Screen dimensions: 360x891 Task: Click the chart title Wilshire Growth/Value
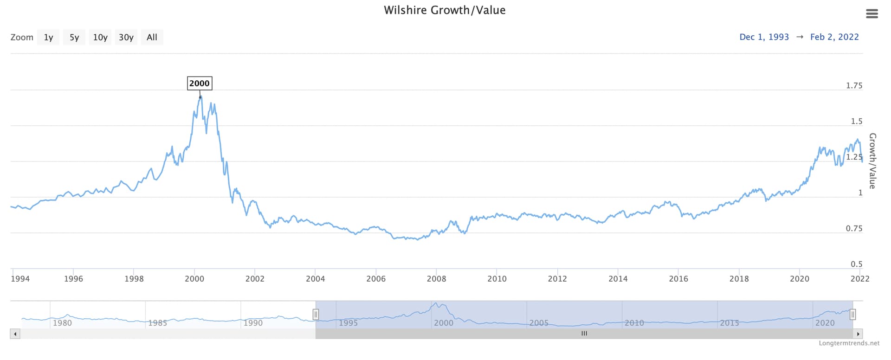pos(445,10)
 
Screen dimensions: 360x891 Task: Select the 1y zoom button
pos(48,37)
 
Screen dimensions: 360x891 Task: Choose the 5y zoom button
pos(74,37)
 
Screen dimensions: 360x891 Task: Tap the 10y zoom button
pos(100,37)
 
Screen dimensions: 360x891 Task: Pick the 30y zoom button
pos(126,37)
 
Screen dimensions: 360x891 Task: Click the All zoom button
pos(152,37)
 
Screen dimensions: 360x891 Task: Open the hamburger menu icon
pos(872,14)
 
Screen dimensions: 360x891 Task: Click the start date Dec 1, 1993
pos(764,37)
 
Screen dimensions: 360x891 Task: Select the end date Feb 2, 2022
pos(834,37)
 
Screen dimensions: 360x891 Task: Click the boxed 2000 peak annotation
pos(200,84)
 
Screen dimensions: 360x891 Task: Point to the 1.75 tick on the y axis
pos(854,85)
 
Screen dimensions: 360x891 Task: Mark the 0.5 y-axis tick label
pos(856,264)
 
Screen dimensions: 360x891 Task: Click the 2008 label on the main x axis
pos(436,279)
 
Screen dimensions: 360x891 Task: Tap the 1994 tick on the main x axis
pos(20,279)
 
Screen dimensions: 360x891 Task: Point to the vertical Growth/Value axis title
pos(872,161)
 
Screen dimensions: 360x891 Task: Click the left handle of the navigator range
pos(316,315)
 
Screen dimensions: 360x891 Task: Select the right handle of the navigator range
pos(852,315)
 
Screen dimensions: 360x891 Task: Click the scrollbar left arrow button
pos(15,334)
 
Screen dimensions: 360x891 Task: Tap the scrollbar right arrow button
pos(858,334)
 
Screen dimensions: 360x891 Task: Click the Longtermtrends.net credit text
pos(849,343)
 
